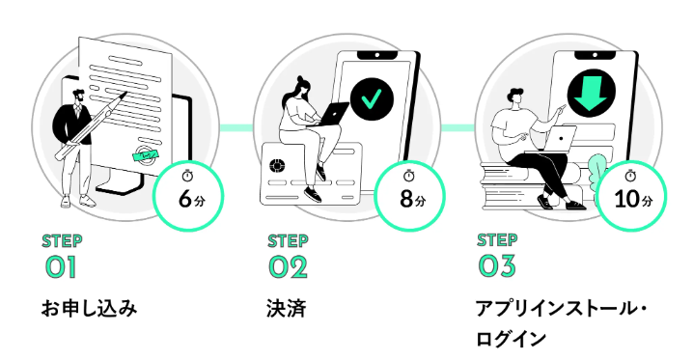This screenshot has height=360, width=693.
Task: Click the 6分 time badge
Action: pos(188,196)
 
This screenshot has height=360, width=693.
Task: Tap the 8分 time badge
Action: pos(409,196)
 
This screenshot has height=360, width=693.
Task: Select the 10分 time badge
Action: pos(631,196)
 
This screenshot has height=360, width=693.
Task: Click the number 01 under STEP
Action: pos(61,267)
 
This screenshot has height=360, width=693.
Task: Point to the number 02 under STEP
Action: pos(289,267)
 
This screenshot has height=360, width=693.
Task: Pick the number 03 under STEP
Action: pos(497,266)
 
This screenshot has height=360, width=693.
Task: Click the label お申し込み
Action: pos(89,308)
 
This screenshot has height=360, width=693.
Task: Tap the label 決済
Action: pos(287,308)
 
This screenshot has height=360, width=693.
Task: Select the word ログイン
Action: pos(511,339)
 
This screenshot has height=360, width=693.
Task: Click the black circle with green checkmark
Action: pos(372,99)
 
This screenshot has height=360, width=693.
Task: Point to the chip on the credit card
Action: pos(277,166)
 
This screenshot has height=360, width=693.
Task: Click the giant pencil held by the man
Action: pos(91,125)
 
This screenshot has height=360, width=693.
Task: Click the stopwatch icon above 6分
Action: pos(188,176)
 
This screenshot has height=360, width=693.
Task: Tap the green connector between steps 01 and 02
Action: pos(236,127)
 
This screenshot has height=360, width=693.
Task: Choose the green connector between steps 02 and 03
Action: pos(458,127)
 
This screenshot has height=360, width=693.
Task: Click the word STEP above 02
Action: pos(288,241)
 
